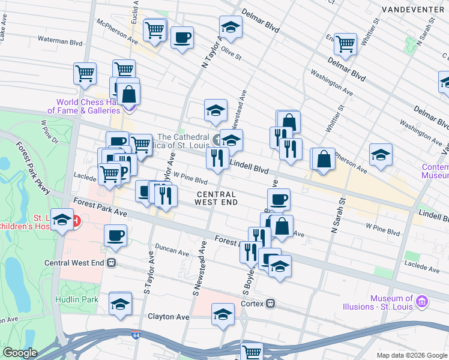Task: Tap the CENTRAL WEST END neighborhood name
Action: pos(216,198)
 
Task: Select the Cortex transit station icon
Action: pos(271,304)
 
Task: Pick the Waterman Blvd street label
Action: pos(59,43)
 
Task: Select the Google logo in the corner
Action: pos(20,353)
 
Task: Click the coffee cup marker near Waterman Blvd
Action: pos(182,37)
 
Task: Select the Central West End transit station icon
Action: pos(112,263)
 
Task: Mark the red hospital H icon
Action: pos(76,221)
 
